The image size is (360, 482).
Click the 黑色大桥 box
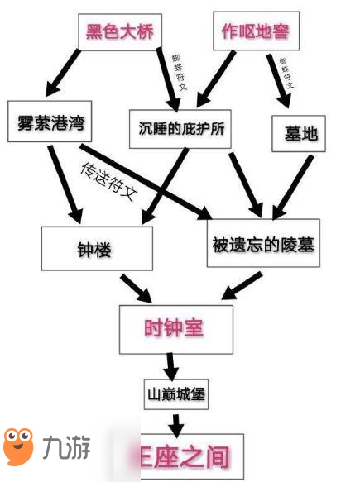click(120, 33)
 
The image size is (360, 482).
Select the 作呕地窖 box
click(256, 32)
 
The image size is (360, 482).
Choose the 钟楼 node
click(97, 246)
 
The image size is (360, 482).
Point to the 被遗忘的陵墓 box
click(262, 244)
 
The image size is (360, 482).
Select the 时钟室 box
click(173, 328)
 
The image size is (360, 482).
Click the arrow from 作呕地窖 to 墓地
click(275, 80)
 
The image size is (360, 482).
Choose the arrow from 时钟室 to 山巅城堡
click(172, 364)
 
